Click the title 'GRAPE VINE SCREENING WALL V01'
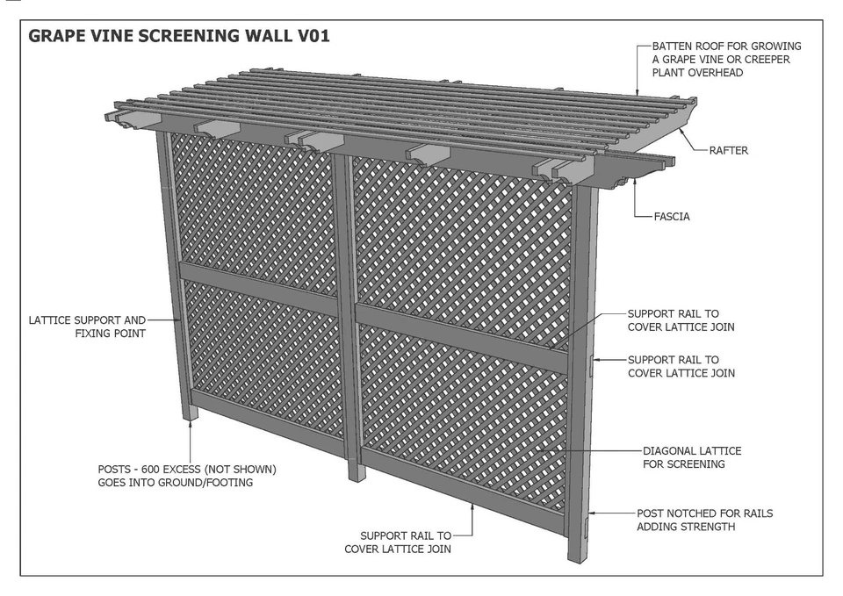(179, 37)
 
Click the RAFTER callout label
(728, 150)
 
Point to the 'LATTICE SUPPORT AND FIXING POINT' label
(88, 327)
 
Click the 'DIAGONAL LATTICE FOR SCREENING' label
(692, 457)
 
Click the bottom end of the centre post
(356, 471)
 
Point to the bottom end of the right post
(579, 554)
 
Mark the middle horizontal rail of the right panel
(461, 334)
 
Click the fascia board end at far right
(667, 162)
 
